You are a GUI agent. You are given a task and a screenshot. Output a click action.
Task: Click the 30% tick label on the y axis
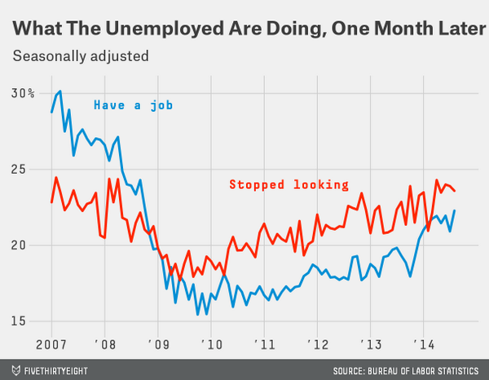pyautogui.click(x=23, y=93)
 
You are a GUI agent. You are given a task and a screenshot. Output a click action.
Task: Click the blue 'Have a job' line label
pyautogui.click(x=133, y=105)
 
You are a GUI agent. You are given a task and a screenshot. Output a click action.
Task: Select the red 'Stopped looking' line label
pyautogui.click(x=289, y=184)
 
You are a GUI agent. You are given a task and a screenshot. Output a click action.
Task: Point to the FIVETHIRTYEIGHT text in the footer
pyautogui.click(x=58, y=369)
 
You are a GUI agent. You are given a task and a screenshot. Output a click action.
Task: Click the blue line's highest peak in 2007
pyautogui.click(x=59, y=91)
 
